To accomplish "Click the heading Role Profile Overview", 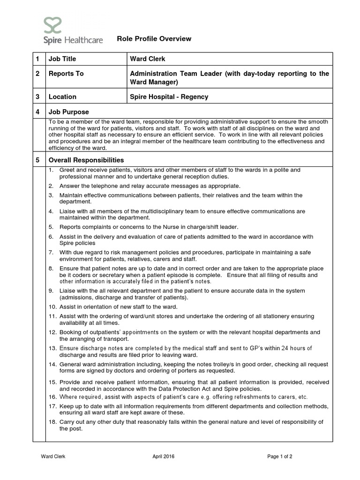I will pyautogui.click(x=154, y=39).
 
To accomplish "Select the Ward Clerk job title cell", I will pyautogui.click(x=148, y=59).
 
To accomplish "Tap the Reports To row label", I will pyautogui.click(x=66, y=74).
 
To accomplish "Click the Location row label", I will pyautogui.click(x=62, y=97).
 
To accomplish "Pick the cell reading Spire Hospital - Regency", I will pyautogui.click(x=169, y=97).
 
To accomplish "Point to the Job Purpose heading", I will pyautogui.click(x=68, y=112).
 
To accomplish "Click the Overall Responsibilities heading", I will pyautogui.click(x=86, y=160).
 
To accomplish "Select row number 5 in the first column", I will pyautogui.click(x=37, y=160).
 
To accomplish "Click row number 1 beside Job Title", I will pyautogui.click(x=37, y=59).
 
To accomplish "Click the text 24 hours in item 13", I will pyautogui.click(x=286, y=348).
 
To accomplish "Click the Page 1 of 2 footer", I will pyautogui.click(x=280, y=457).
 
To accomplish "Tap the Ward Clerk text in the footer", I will pyautogui.click(x=53, y=457).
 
